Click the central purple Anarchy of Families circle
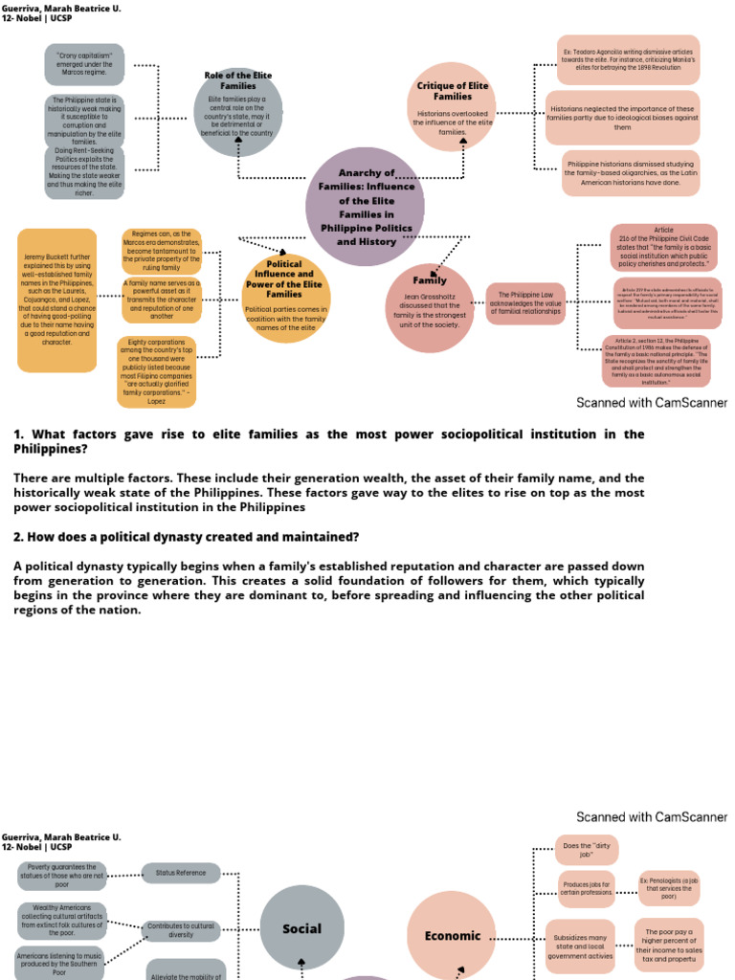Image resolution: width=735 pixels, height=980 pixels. (366, 207)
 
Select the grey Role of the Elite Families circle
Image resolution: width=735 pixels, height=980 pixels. (238, 111)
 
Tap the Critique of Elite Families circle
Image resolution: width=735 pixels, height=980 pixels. (452, 108)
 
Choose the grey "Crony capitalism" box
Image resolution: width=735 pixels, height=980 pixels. (84, 64)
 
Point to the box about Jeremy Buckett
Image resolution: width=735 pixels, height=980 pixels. (57, 300)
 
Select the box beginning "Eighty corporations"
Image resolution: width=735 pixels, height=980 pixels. (157, 371)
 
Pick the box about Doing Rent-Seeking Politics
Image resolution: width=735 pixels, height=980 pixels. (84, 173)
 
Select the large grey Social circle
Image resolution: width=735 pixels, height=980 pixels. (301, 928)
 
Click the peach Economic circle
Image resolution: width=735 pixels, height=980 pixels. (453, 935)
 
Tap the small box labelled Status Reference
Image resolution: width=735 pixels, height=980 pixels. (181, 873)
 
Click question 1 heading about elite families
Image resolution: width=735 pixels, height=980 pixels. (329, 441)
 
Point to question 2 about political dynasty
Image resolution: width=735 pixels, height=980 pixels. (187, 537)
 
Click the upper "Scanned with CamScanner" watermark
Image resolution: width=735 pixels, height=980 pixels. (652, 403)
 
